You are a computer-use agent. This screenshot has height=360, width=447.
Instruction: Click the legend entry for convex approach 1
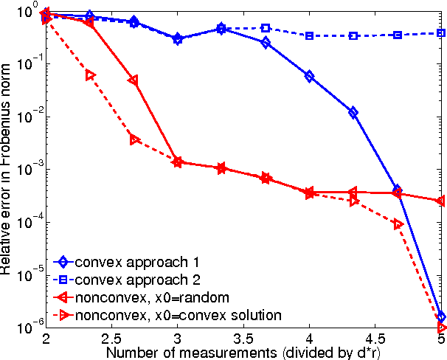click(129, 262)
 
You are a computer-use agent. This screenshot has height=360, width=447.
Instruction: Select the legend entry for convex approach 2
click(129, 280)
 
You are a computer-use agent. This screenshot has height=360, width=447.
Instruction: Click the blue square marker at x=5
click(440, 33)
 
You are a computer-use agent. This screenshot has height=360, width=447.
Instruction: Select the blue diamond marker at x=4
click(309, 76)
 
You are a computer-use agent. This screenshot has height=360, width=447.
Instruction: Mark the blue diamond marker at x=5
click(440, 316)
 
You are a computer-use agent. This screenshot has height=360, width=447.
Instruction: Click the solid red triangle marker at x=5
click(440, 201)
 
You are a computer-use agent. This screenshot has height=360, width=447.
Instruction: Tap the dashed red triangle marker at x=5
click(441, 327)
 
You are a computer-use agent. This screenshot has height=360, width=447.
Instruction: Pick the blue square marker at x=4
click(309, 35)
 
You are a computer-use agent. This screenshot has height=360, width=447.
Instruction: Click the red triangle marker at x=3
click(177, 162)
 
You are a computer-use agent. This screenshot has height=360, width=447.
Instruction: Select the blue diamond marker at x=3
click(177, 38)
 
